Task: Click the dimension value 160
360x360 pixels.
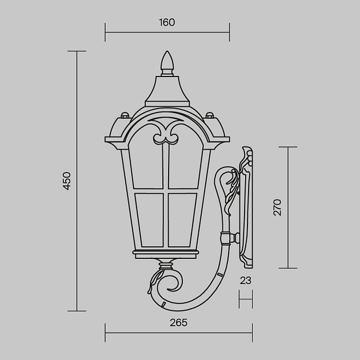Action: pyautogui.click(x=167, y=23)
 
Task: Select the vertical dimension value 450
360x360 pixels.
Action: pyautogui.click(x=67, y=181)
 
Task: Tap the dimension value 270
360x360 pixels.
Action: pyautogui.click(x=277, y=207)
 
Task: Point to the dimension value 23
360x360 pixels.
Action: pyautogui.click(x=246, y=281)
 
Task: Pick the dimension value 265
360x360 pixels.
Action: pyautogui.click(x=178, y=323)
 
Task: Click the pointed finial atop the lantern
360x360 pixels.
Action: pyautogui.click(x=167, y=62)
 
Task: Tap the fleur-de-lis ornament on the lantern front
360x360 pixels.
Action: pyautogui.click(x=167, y=133)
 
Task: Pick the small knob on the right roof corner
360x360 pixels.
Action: pyautogui.click(x=209, y=115)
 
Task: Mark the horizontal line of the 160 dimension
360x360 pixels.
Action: pyautogui.click(x=167, y=33)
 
